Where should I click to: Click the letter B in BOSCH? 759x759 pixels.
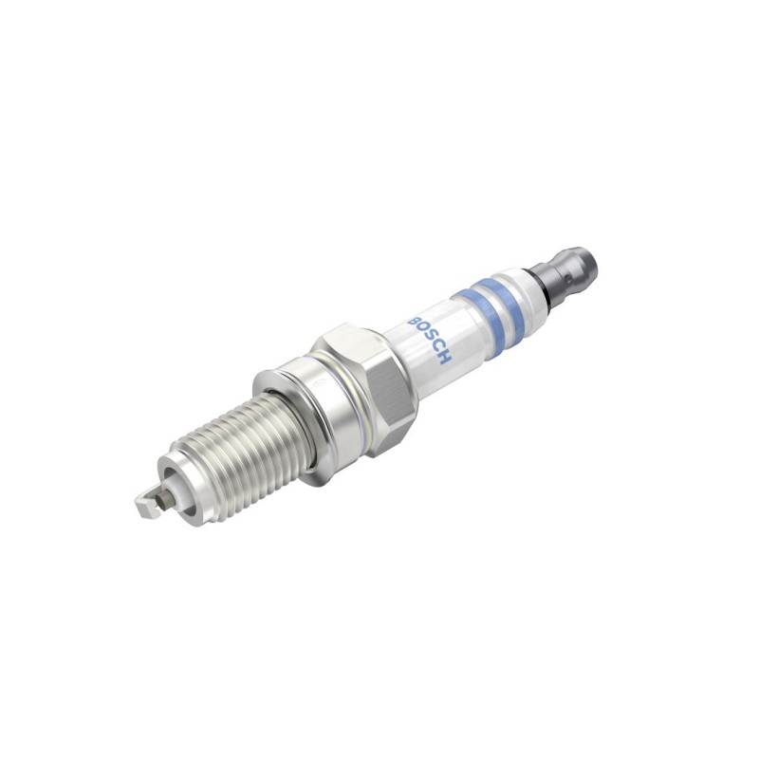pyautogui.click(x=416, y=323)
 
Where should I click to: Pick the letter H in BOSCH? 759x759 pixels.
pyautogui.click(x=444, y=358)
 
